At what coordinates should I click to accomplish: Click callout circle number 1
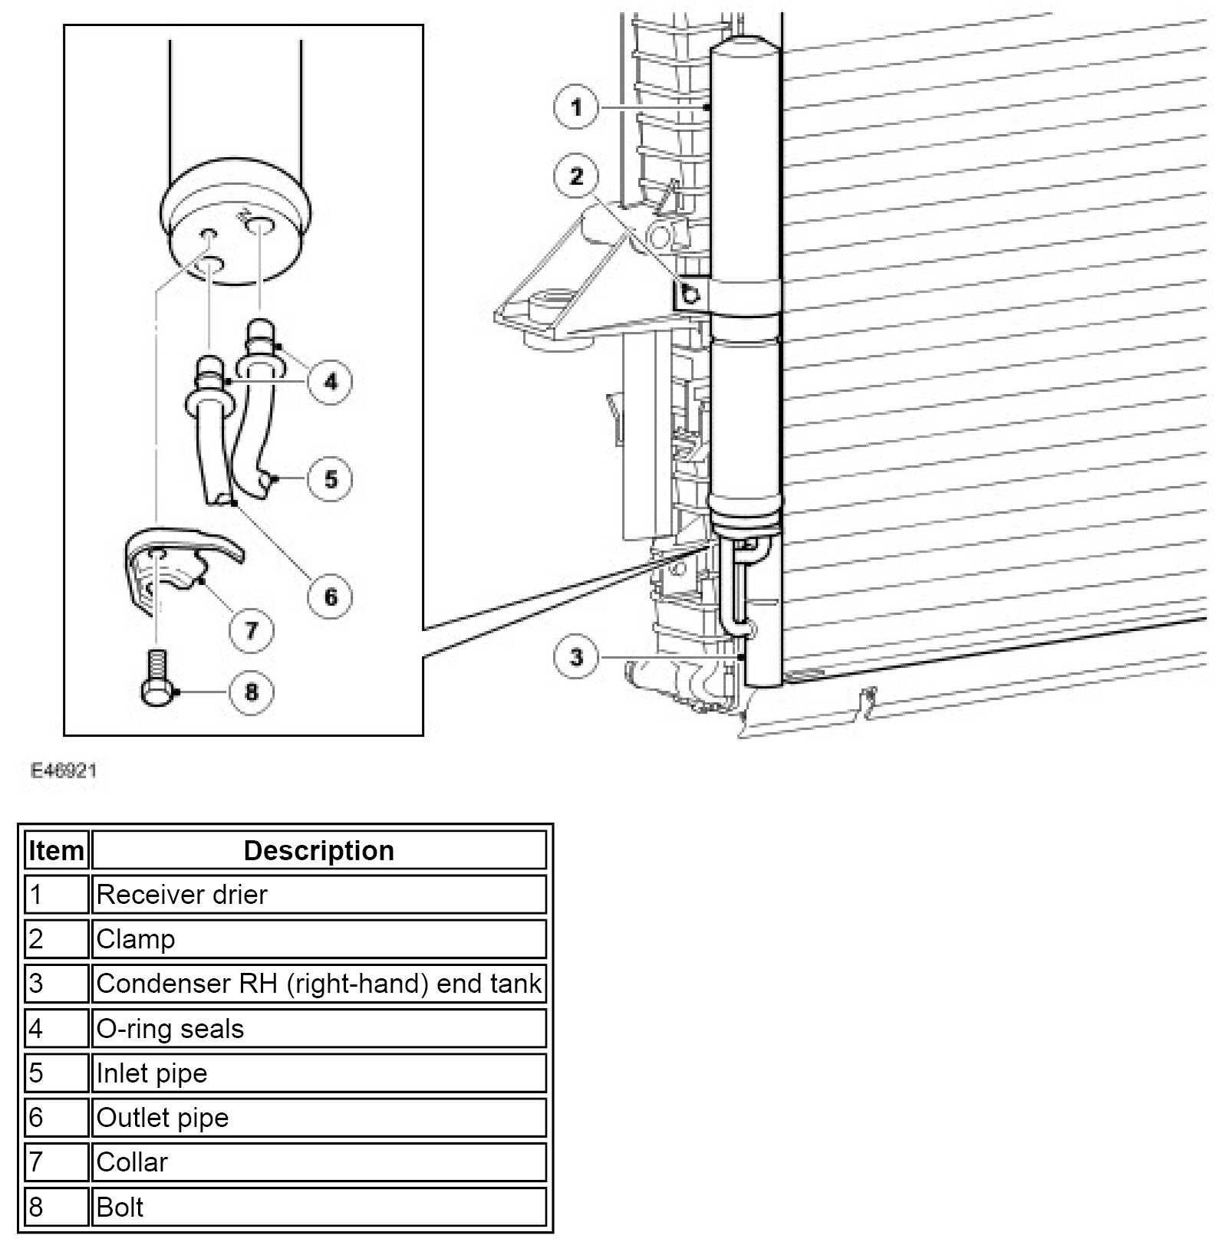576,107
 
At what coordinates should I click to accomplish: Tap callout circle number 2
576,177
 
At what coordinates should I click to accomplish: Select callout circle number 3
576,657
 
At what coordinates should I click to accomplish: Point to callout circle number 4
331,381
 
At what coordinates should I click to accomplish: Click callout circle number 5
331,479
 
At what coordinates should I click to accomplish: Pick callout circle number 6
331,596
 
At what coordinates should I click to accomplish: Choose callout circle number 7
252,630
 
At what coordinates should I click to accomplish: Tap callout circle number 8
252,692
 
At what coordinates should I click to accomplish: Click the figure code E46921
64,770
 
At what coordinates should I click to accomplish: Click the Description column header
318,850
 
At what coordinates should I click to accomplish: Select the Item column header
56,850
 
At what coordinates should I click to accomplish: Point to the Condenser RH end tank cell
318,984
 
